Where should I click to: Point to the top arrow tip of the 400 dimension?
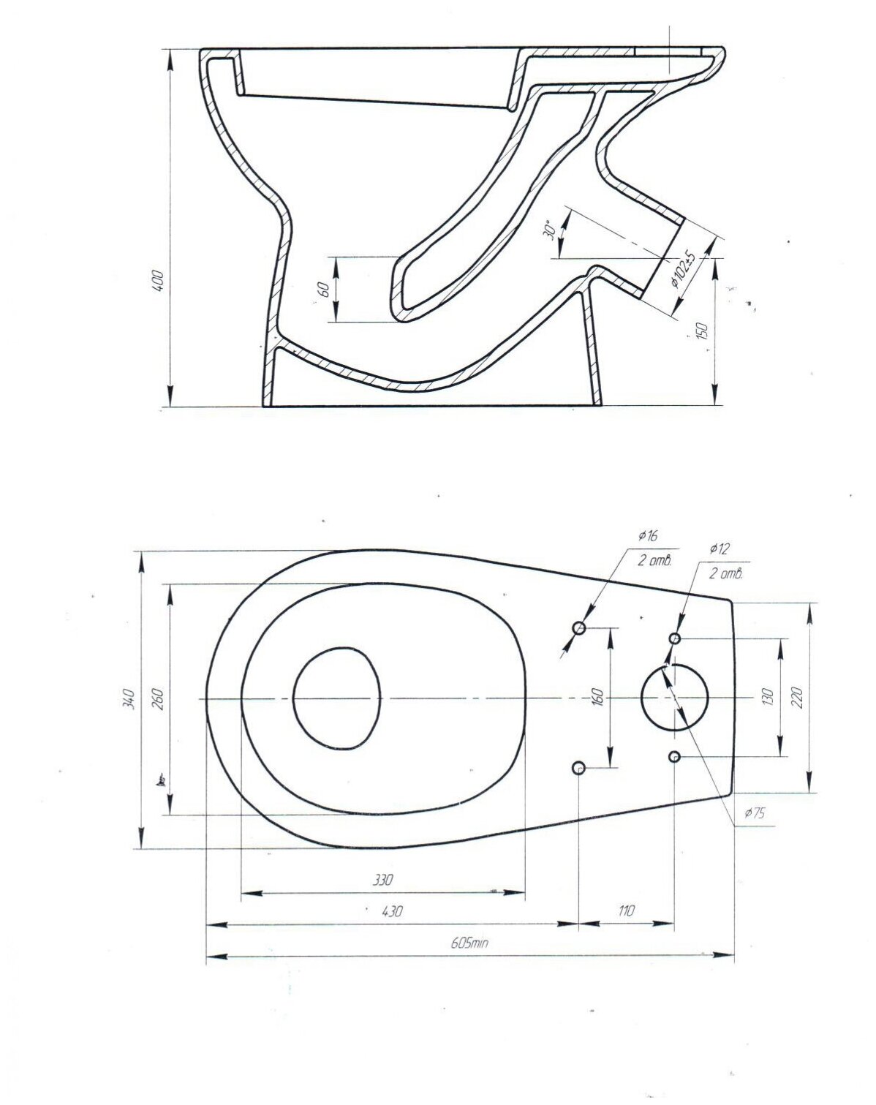click(170, 50)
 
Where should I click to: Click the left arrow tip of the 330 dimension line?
click(241, 893)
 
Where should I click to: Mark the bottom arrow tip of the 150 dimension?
click(715, 406)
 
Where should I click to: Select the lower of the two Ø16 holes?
click(579, 768)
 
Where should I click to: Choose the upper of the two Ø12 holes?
click(675, 638)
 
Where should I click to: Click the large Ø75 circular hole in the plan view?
click(675, 697)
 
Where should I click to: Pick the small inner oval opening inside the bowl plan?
click(337, 698)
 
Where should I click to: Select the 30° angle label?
click(549, 230)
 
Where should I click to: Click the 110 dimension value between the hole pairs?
click(627, 910)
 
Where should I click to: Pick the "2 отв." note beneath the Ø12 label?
click(725, 573)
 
